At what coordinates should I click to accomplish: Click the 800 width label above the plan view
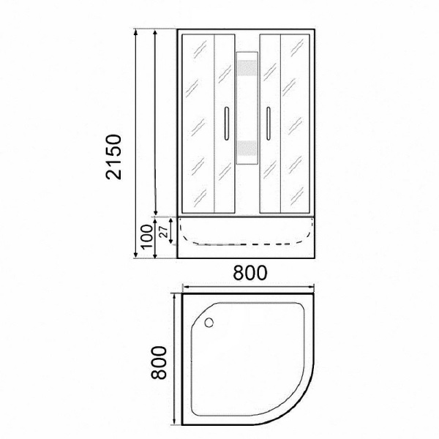tap(248, 273)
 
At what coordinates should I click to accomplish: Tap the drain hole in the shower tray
tap(212, 320)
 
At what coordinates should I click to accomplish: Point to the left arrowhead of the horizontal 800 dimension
tap(184, 287)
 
